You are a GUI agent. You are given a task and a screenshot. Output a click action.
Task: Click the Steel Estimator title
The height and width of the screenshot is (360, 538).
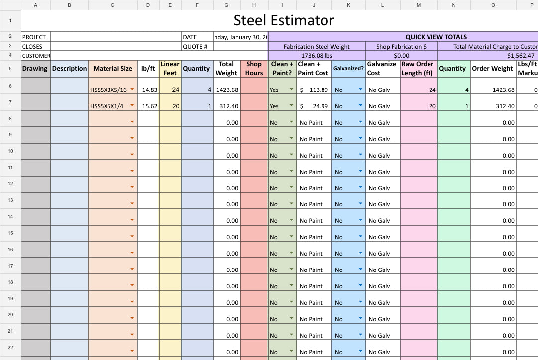pyautogui.click(x=284, y=20)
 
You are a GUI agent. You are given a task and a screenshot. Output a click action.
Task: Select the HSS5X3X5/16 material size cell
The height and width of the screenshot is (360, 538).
pyautogui.click(x=108, y=90)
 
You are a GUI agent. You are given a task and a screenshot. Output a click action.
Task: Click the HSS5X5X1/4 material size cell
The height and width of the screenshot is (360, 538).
pyautogui.click(x=107, y=106)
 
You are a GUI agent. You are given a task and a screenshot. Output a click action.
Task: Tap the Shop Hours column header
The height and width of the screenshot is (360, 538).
pyautogui.click(x=254, y=68)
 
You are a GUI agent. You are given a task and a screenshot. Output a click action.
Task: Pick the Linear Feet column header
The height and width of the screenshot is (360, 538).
pyautogui.click(x=170, y=68)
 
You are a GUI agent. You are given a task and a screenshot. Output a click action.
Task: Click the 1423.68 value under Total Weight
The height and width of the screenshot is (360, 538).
pyautogui.click(x=226, y=90)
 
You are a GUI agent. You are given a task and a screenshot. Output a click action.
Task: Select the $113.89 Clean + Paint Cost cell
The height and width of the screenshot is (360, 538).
pyautogui.click(x=314, y=90)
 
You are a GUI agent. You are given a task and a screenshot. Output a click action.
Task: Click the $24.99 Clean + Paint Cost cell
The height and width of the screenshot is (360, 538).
pyautogui.click(x=314, y=106)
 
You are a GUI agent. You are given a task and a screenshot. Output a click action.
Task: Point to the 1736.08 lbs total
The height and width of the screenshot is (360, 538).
pyautogui.click(x=317, y=56)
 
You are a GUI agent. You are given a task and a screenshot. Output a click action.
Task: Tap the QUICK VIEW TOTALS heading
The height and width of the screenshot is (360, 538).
pyautogui.click(x=436, y=37)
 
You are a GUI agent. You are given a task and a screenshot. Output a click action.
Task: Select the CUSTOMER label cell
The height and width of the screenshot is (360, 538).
pyautogui.click(x=36, y=56)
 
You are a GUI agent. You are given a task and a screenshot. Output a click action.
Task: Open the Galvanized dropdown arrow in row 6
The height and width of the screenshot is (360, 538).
pyautogui.click(x=360, y=90)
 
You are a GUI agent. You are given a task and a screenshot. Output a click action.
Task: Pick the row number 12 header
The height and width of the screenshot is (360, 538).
pyautogui.click(x=10, y=184)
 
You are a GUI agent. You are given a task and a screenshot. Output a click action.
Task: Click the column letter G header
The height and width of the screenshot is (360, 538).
pyautogui.click(x=226, y=5)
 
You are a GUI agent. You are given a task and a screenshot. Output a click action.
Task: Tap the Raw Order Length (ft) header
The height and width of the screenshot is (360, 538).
pyautogui.click(x=418, y=68)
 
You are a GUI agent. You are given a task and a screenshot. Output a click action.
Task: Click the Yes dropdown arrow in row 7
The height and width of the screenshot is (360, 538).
pyautogui.click(x=291, y=106)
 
